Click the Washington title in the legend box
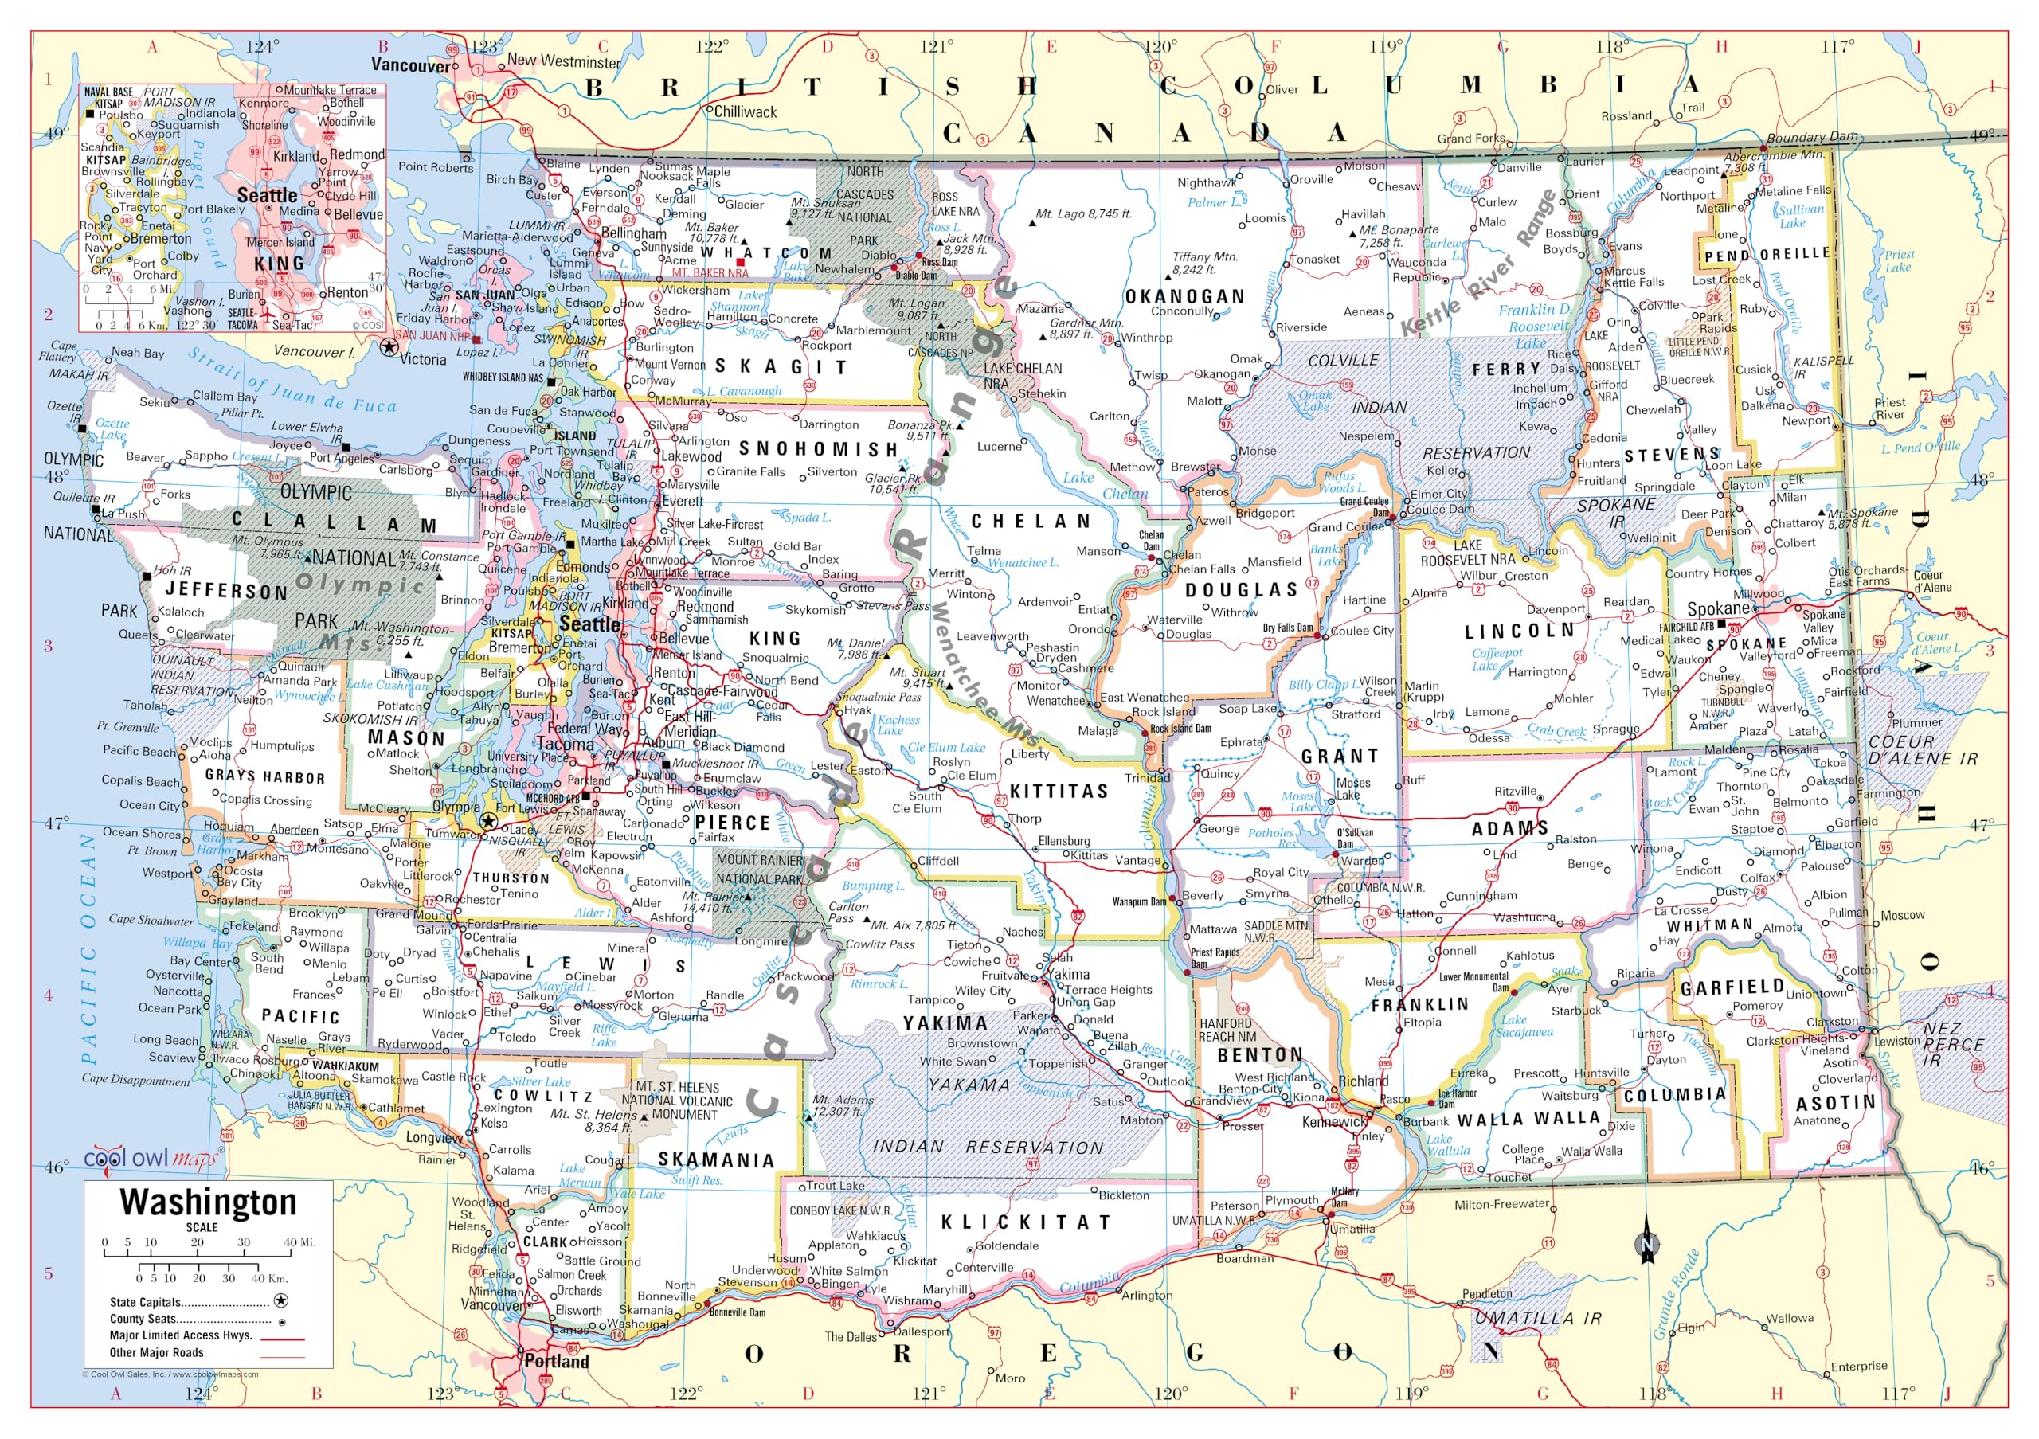tap(208, 1202)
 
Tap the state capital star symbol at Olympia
tap(487, 822)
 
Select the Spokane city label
tap(1717, 609)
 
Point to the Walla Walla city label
tap(1591, 1152)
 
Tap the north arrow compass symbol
tap(1647, 1245)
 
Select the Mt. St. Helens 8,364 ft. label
tap(593, 1120)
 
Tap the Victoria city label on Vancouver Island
tap(423, 359)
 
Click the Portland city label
tap(556, 1361)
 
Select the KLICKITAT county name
tap(1026, 1222)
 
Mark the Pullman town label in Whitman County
tap(1848, 913)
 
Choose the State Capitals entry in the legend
tap(145, 1302)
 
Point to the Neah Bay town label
tap(138, 353)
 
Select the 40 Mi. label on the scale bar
tap(299, 1242)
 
